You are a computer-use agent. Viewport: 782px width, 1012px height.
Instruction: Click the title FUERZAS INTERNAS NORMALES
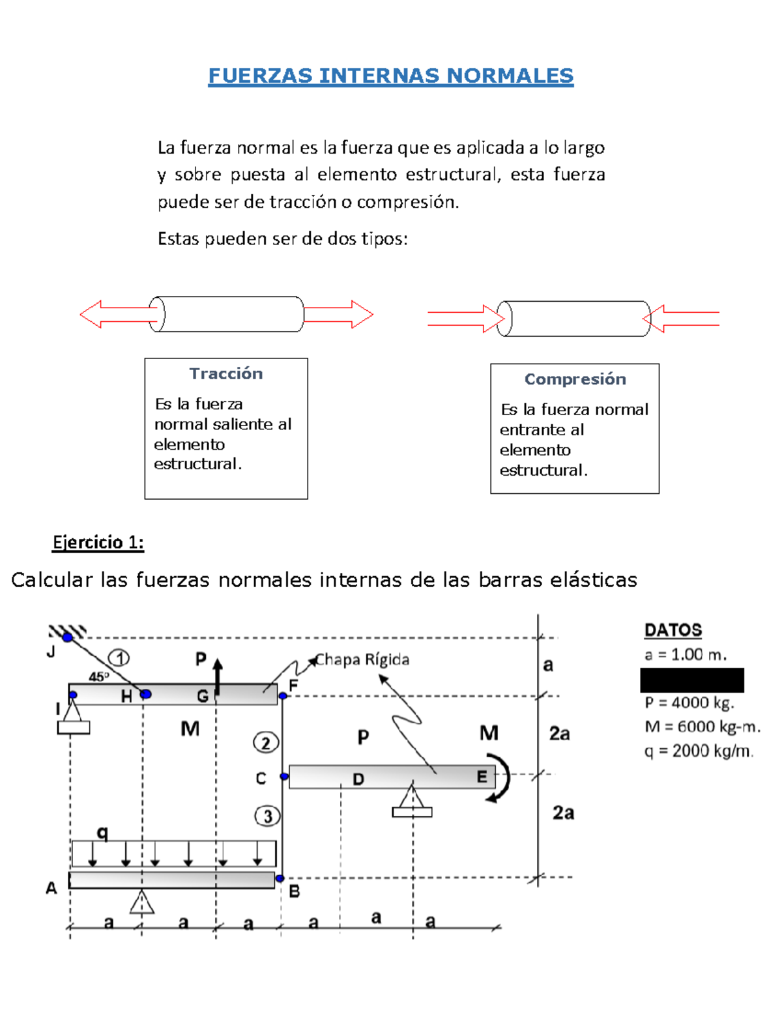pyautogui.click(x=390, y=76)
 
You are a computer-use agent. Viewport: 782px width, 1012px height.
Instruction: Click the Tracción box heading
pyautogui.click(x=226, y=373)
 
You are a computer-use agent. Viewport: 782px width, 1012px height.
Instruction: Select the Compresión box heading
pyautogui.click(x=575, y=379)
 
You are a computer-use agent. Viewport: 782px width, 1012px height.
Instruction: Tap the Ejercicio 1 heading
pyautogui.click(x=98, y=542)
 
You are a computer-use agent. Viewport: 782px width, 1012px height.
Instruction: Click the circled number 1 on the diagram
pyautogui.click(x=119, y=658)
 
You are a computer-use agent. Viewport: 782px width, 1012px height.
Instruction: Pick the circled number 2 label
pyautogui.click(x=265, y=743)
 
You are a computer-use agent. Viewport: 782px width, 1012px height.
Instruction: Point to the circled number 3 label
pyautogui.click(x=267, y=816)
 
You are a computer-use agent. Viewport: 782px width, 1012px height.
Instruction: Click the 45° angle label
pyautogui.click(x=99, y=676)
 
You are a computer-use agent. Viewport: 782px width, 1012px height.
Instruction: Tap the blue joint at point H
pyautogui.click(x=145, y=694)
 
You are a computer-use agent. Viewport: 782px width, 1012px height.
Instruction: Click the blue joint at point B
pyautogui.click(x=280, y=878)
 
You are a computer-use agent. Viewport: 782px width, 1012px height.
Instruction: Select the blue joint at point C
pyautogui.click(x=284, y=776)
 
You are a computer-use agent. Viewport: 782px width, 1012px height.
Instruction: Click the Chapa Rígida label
pyautogui.click(x=362, y=660)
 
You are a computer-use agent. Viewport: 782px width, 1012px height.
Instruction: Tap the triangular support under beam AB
pyautogui.click(x=141, y=902)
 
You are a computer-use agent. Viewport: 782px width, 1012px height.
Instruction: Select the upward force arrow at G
pyautogui.click(x=218, y=676)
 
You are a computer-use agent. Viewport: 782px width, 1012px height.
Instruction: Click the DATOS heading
pyautogui.click(x=673, y=630)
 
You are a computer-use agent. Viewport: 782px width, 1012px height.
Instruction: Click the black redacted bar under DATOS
pyautogui.click(x=691, y=680)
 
